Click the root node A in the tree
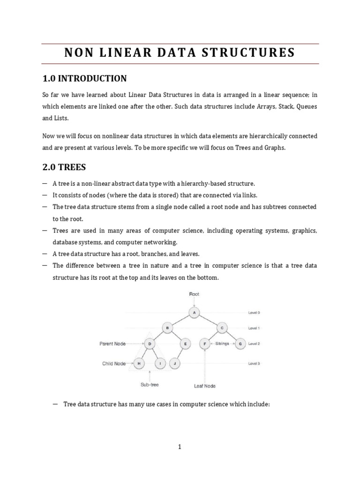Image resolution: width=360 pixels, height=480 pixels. (x=194, y=312)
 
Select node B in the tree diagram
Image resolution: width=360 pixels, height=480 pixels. (x=167, y=328)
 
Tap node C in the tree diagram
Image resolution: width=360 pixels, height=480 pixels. (x=222, y=328)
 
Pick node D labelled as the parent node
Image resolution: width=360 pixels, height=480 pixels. (x=150, y=344)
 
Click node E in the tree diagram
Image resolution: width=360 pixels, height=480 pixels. (x=186, y=344)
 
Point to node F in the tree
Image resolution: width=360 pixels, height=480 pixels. (x=205, y=344)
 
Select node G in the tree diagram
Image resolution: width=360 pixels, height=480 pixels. (x=240, y=344)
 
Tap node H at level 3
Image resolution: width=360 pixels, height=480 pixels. (x=139, y=363)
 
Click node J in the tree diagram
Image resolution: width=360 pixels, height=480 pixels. (x=174, y=363)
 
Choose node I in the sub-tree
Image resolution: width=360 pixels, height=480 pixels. (x=160, y=363)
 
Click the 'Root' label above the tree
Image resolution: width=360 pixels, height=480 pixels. (x=194, y=294)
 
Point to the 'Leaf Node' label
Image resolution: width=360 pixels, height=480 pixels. (x=205, y=386)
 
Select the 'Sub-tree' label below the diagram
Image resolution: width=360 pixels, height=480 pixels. (x=149, y=384)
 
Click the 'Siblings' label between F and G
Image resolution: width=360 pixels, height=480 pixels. (x=222, y=344)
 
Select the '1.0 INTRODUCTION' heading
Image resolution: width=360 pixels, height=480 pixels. (x=84, y=78)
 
